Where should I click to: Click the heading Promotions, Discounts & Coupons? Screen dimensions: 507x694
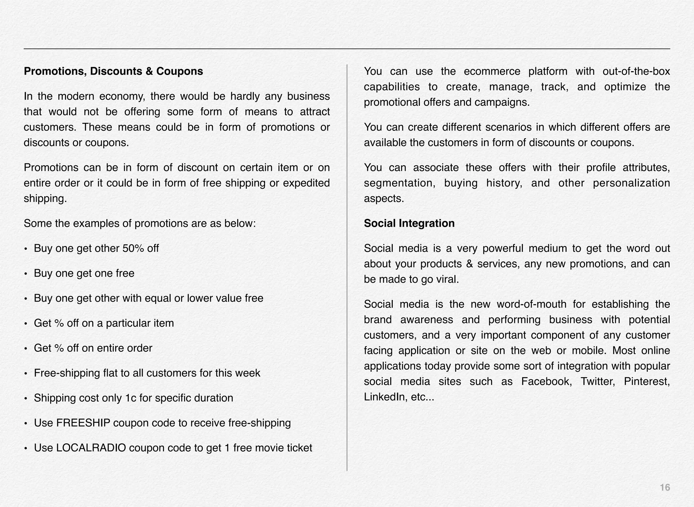[x=113, y=72]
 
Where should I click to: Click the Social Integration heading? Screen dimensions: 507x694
[x=409, y=223]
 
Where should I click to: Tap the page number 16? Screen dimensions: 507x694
[x=665, y=487]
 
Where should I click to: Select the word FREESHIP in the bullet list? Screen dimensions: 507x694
[x=83, y=423]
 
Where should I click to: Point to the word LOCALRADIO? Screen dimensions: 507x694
[x=91, y=448]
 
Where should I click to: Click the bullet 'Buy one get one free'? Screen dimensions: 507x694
[x=84, y=273]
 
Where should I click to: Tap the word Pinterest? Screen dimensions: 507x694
[x=646, y=382]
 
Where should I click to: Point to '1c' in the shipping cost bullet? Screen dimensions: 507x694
[x=130, y=398]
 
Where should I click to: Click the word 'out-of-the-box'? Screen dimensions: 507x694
[x=636, y=72]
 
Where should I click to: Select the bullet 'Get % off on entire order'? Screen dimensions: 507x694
[x=93, y=348]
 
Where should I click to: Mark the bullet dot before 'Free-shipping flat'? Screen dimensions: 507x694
[x=26, y=374]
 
